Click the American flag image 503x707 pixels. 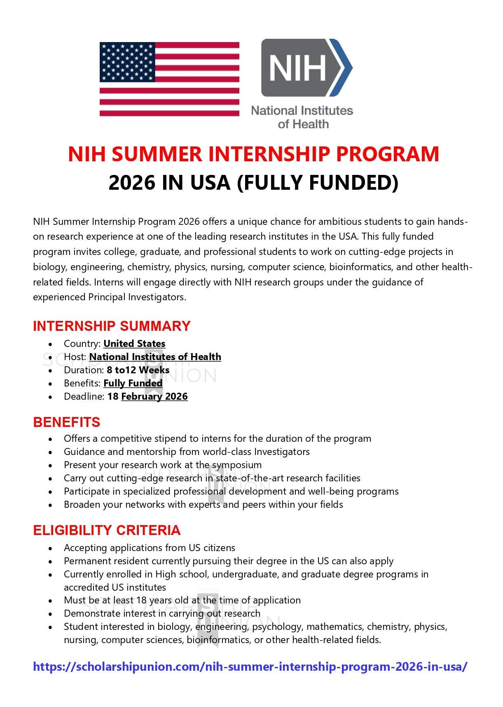click(169, 79)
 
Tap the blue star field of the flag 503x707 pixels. click(127, 61)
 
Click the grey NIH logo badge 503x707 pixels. click(303, 68)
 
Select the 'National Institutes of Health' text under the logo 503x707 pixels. click(302, 117)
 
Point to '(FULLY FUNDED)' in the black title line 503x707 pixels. click(318, 183)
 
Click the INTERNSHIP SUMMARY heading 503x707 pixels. click(112, 326)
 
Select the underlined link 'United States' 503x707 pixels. click(134, 344)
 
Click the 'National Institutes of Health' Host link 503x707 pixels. click(155, 357)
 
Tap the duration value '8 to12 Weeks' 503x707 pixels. click(138, 370)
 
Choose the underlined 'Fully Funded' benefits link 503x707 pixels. click(133, 383)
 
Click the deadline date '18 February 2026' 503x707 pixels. click(147, 396)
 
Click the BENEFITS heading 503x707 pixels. click(67, 422)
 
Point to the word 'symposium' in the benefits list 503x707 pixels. click(237, 465)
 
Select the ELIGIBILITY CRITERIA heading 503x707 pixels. click(107, 530)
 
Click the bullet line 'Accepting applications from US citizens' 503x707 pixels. click(149, 548)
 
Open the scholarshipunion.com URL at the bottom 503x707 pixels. click(250, 667)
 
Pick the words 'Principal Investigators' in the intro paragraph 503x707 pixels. click(136, 297)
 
